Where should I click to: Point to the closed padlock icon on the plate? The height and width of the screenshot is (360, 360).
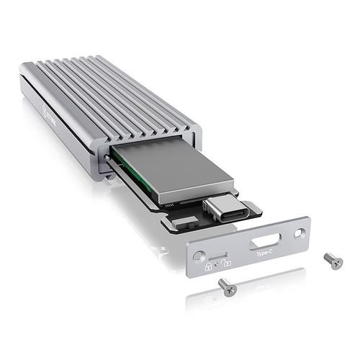pyautogui.click(x=208, y=266)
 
